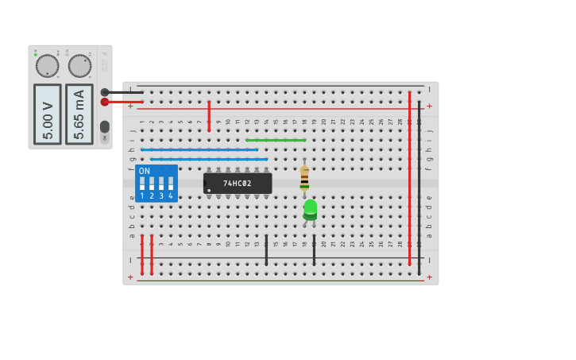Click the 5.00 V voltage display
point(47,114)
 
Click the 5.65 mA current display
point(79,114)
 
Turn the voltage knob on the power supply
point(47,66)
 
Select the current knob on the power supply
point(79,66)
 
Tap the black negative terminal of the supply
point(105,92)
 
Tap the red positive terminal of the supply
point(105,102)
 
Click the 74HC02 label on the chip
point(237,184)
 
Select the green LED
point(310,208)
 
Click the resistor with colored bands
point(304,178)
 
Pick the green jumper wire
point(276,141)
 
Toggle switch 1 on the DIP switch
point(142,184)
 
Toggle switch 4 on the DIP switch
point(170,184)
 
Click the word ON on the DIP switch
point(144,171)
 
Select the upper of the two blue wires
point(199,149)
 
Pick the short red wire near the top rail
point(209,116)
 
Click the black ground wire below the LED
point(314,250)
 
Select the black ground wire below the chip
point(266,250)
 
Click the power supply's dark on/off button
point(104,126)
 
